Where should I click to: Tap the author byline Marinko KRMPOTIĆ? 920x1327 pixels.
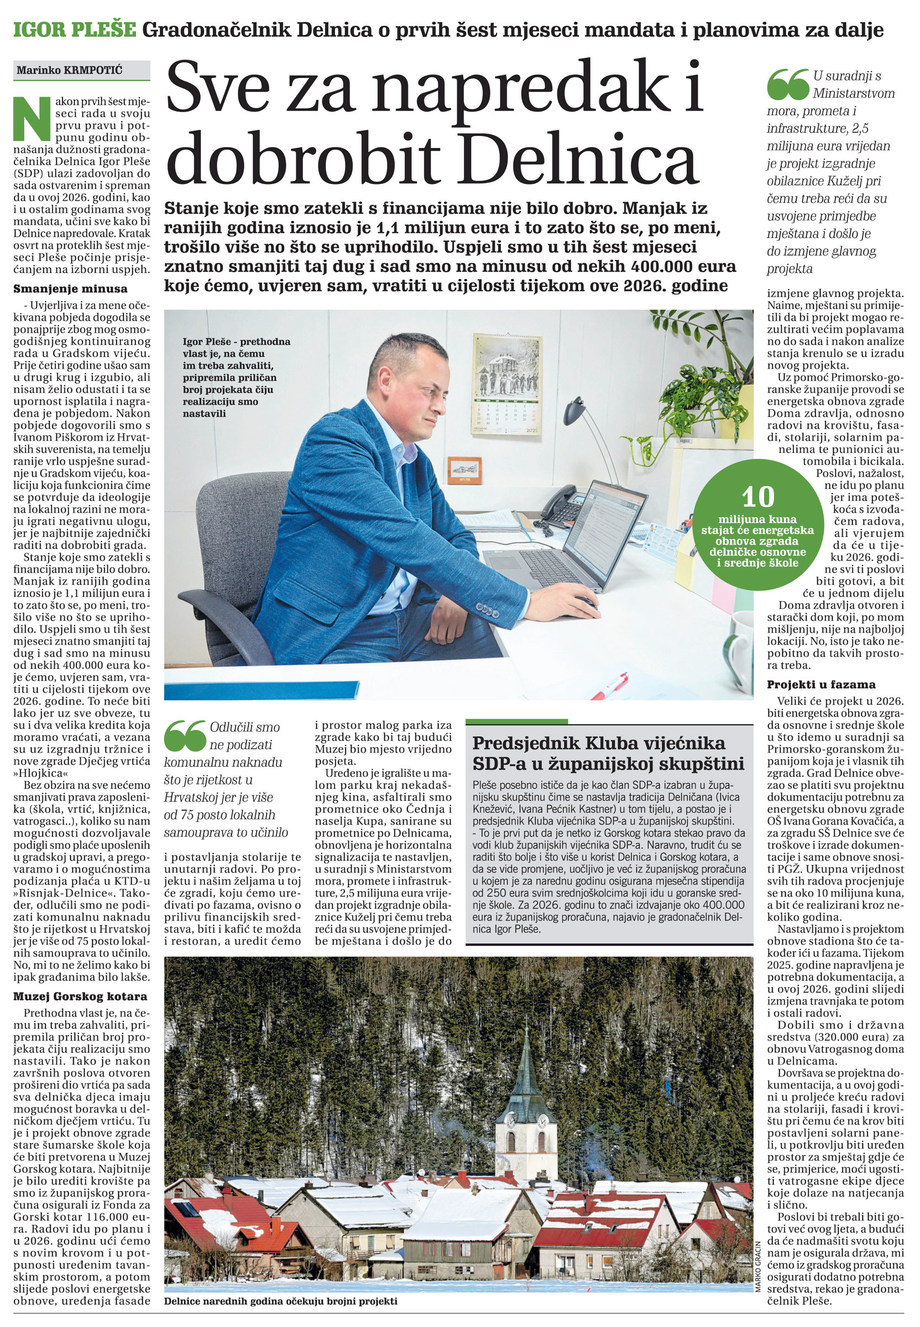(69, 70)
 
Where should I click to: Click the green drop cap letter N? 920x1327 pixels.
(32, 118)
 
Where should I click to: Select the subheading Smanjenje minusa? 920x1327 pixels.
(70, 289)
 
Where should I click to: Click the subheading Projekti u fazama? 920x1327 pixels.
(821, 685)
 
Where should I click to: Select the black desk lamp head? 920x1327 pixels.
(574, 410)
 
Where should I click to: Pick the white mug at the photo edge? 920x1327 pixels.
(740, 650)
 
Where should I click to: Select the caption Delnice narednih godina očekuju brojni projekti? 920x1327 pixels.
(281, 1300)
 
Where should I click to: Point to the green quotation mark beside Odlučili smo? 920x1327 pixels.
(185, 735)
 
